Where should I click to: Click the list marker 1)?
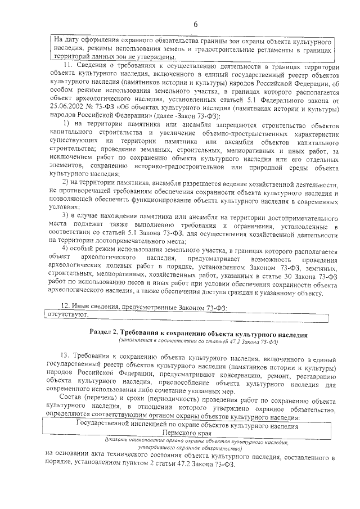tap(66, 123)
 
